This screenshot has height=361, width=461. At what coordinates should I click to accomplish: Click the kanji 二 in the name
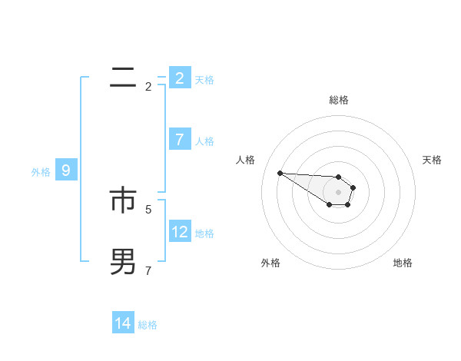[x=123, y=78]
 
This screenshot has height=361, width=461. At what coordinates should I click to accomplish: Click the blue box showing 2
[x=180, y=78]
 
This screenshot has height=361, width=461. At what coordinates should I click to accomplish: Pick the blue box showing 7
[x=180, y=140]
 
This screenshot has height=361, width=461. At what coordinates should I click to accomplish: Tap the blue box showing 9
[x=66, y=171]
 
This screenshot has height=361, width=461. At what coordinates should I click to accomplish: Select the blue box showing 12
[x=180, y=232]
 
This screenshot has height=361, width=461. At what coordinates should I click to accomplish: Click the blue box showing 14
[x=123, y=324]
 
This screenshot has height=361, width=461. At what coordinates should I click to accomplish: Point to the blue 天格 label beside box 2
[x=204, y=80]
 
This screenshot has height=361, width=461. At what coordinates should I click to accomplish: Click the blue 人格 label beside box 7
[x=204, y=141]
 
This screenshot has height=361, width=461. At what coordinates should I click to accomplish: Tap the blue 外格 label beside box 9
[x=41, y=172]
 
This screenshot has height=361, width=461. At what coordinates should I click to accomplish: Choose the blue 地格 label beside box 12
[x=204, y=233]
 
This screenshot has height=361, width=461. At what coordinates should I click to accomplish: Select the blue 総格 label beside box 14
[x=148, y=326]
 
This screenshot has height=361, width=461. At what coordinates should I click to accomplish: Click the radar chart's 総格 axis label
[x=339, y=100]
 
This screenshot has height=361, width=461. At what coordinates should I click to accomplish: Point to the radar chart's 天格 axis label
[x=433, y=160]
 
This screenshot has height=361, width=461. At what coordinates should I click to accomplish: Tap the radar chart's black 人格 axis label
[x=245, y=160]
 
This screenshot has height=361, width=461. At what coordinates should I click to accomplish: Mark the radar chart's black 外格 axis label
[x=270, y=263]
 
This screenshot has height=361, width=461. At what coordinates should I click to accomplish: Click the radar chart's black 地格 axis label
[x=403, y=263]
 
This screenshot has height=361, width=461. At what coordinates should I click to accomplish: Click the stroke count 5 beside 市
[x=148, y=208]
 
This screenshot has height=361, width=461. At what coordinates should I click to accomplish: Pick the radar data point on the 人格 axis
[x=280, y=173]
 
